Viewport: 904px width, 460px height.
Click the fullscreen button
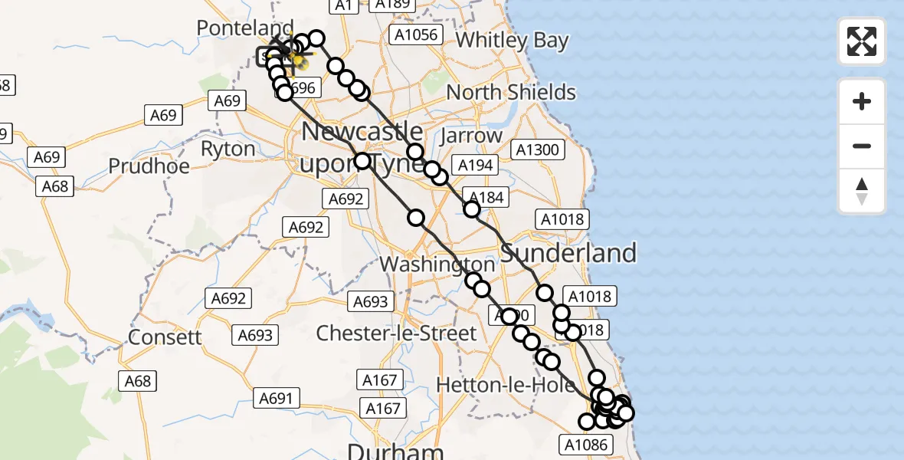(862, 41)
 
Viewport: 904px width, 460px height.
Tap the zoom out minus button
(862, 146)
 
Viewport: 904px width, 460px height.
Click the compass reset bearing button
(862, 191)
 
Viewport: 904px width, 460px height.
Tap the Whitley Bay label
(512, 40)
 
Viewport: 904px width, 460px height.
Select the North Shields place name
(511, 93)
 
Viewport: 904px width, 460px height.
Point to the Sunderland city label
(568, 253)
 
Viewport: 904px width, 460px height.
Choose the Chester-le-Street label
(396, 333)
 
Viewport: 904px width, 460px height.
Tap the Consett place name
(165, 337)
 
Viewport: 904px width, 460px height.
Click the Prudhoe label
(149, 166)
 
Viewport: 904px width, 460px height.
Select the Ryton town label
(228, 149)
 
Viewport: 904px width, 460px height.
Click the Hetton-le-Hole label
(505, 385)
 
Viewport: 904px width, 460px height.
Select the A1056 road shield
(416, 34)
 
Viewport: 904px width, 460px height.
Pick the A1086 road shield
(586, 445)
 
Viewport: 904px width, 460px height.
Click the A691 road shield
(276, 398)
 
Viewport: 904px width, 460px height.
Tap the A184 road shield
(485, 198)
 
